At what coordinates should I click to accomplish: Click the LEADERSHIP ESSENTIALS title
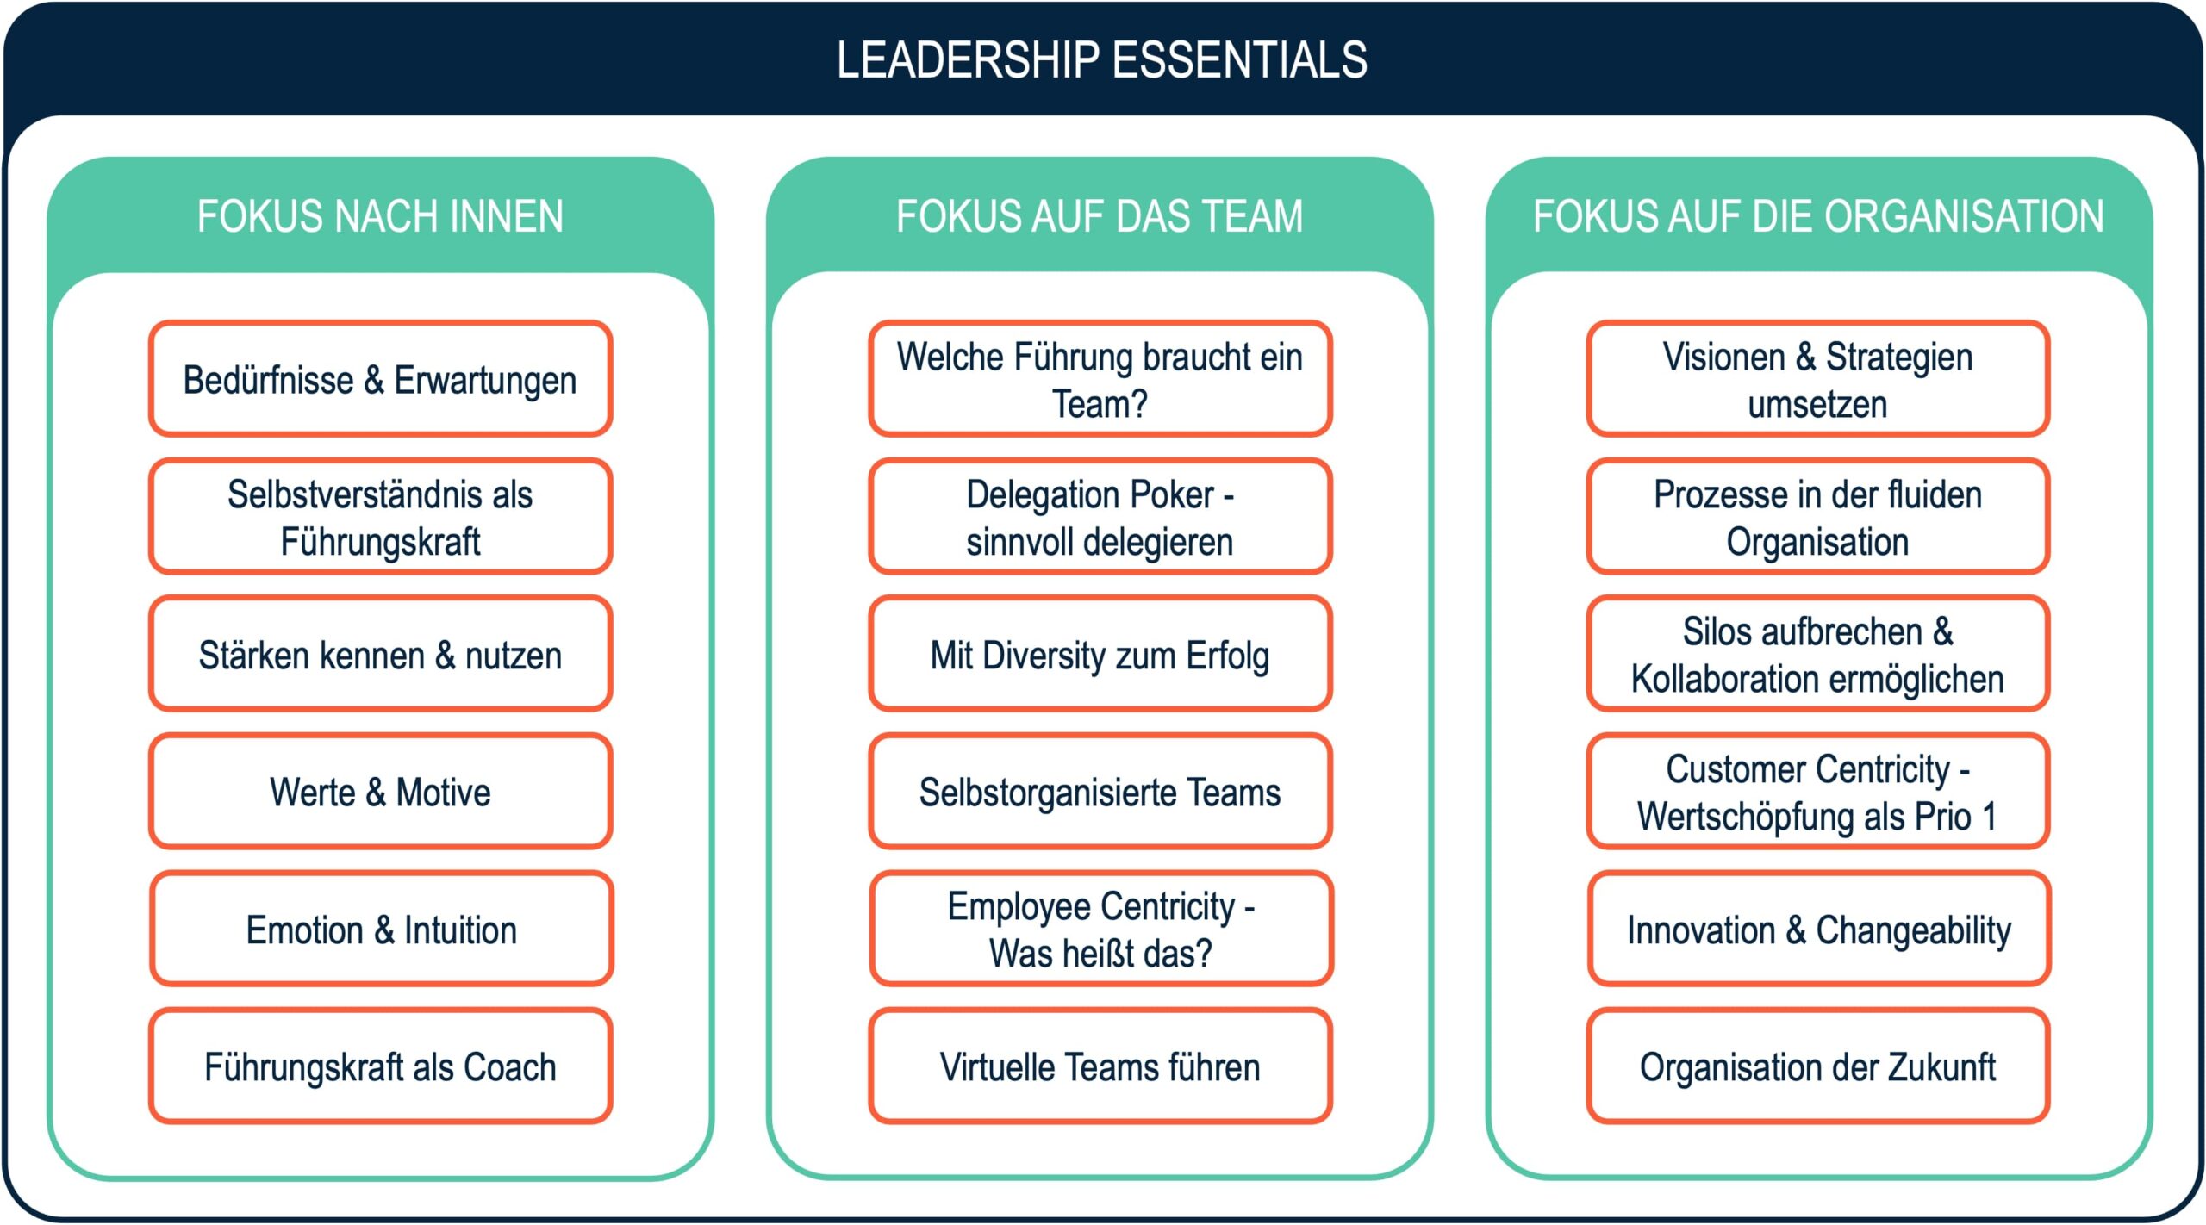tap(1101, 60)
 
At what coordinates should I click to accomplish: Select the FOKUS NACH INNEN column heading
tap(380, 216)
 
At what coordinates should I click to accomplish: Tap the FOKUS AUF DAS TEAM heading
tap(1100, 216)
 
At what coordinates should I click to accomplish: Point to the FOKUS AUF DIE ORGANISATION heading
tap(1818, 216)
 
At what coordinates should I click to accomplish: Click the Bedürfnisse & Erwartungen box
tap(380, 379)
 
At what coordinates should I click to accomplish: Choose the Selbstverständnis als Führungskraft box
tap(380, 517)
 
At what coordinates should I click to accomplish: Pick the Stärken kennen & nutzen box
tap(380, 655)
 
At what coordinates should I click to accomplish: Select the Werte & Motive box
tap(380, 792)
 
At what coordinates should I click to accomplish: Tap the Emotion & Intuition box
tap(380, 930)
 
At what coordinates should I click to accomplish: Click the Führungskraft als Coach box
tap(380, 1066)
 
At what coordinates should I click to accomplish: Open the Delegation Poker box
tap(1100, 517)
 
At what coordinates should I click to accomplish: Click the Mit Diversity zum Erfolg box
tap(1100, 655)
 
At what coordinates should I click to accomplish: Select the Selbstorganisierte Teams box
tap(1100, 792)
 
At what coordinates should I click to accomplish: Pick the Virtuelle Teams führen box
tap(1100, 1066)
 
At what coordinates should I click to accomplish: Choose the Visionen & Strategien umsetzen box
tap(1818, 379)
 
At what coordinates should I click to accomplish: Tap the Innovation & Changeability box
tap(1818, 930)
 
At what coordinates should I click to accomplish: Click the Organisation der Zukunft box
tap(1818, 1066)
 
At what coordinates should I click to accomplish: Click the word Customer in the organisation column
tap(1720, 769)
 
